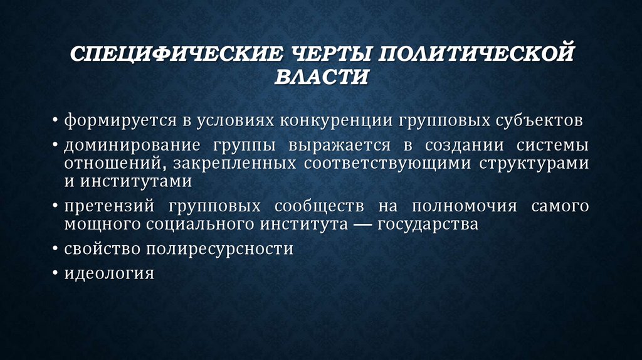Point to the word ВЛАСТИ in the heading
(x=322, y=77)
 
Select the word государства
(x=428, y=224)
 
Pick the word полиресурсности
(x=219, y=248)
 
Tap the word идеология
(x=108, y=273)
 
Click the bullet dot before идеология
(x=56, y=273)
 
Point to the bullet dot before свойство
(x=56, y=248)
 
